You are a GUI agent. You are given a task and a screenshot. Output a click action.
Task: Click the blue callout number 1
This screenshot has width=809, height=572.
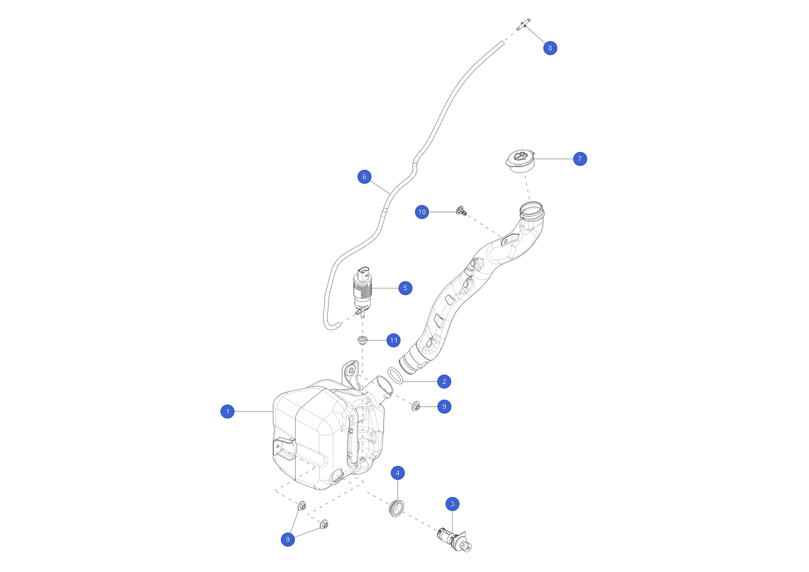(x=227, y=412)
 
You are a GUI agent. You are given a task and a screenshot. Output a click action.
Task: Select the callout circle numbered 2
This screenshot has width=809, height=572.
(x=444, y=382)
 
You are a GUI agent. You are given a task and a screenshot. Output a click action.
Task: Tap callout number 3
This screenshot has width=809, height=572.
(x=452, y=504)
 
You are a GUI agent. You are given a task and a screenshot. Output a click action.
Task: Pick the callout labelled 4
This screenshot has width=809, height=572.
(x=397, y=473)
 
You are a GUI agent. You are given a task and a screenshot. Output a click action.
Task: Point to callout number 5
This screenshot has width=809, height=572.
(x=405, y=288)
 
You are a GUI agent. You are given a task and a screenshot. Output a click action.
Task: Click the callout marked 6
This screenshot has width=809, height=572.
(x=365, y=177)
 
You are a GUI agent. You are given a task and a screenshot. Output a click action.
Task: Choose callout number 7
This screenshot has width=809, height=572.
(x=580, y=159)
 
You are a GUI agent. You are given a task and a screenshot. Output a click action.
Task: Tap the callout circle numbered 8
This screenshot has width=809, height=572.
(x=550, y=48)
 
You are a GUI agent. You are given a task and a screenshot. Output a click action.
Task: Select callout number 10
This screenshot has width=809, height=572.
(x=422, y=212)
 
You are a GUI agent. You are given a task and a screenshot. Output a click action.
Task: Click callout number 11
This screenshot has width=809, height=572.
(x=393, y=340)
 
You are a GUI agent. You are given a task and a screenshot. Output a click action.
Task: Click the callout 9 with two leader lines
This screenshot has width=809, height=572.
(x=288, y=540)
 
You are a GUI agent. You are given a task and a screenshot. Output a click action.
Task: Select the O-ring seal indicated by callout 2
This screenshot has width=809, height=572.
(x=395, y=376)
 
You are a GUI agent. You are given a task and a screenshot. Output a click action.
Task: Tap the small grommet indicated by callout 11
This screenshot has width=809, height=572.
(x=363, y=340)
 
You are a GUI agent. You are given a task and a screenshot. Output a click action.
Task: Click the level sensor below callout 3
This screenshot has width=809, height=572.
(x=455, y=540)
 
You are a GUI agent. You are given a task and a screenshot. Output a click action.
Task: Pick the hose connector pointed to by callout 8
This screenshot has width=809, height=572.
(x=523, y=24)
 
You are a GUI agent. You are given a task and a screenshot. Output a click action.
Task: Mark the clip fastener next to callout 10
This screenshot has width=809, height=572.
(x=461, y=211)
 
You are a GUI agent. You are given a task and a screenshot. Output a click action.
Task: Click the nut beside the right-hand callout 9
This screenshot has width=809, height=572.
(x=416, y=406)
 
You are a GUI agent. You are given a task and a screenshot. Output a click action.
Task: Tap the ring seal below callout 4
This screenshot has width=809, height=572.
(x=397, y=509)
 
